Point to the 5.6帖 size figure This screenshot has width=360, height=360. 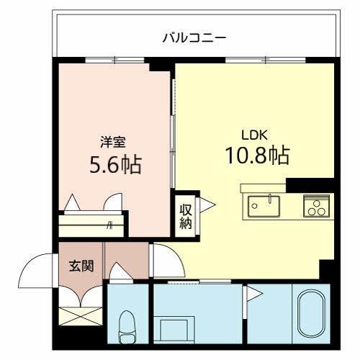pyautogui.click(x=114, y=165)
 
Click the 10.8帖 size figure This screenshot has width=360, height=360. pyautogui.click(x=258, y=155)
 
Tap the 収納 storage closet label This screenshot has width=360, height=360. pyautogui.click(x=185, y=214)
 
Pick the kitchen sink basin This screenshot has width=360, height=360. pyautogui.click(x=264, y=206)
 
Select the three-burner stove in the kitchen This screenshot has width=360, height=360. pyautogui.click(x=315, y=206)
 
